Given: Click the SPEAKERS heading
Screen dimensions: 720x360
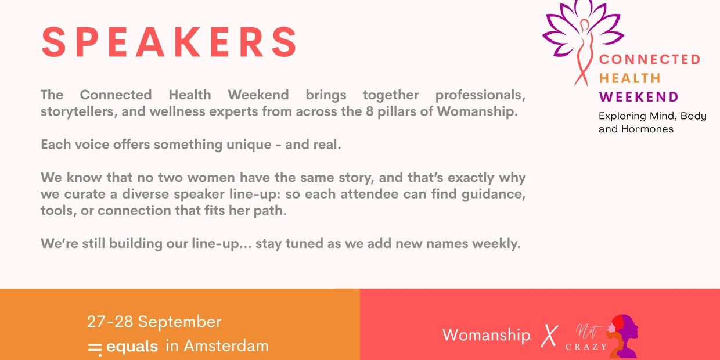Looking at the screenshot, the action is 169,42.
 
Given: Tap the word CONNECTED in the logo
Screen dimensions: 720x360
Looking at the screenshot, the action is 650,59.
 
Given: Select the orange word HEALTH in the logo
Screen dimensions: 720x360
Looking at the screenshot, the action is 630,78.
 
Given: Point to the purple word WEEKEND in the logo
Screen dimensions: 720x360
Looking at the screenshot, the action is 639,97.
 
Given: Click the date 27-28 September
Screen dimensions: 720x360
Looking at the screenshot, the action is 154,322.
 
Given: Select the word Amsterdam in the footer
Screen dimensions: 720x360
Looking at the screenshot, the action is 226,346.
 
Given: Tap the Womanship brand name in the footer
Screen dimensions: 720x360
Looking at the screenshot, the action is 487,335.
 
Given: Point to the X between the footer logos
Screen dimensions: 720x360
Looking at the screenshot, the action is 549,336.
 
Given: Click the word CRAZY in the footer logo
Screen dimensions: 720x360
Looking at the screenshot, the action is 586,347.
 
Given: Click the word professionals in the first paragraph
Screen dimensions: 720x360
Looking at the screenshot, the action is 480,95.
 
